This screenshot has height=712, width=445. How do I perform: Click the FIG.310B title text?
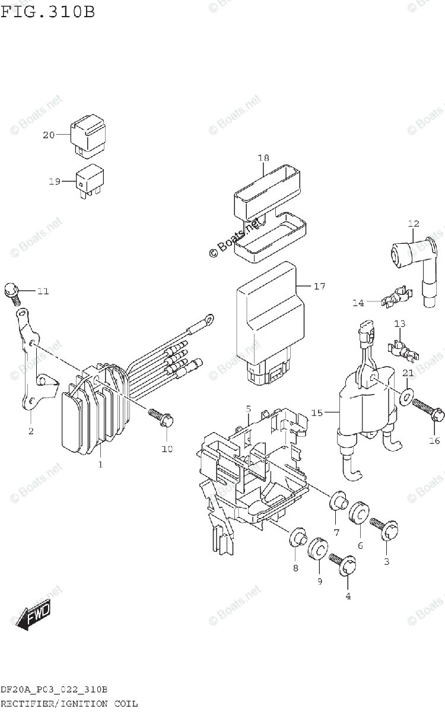pyautogui.click(x=47, y=11)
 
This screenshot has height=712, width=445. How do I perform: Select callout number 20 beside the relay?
pyautogui.click(x=48, y=135)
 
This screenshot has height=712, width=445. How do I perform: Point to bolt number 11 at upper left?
pyautogui.click(x=11, y=290)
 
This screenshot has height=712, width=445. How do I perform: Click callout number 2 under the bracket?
pyautogui.click(x=30, y=431)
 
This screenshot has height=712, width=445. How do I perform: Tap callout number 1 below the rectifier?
pyautogui.click(x=100, y=464)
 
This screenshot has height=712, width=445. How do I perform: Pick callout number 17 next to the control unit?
pyautogui.click(x=320, y=287)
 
